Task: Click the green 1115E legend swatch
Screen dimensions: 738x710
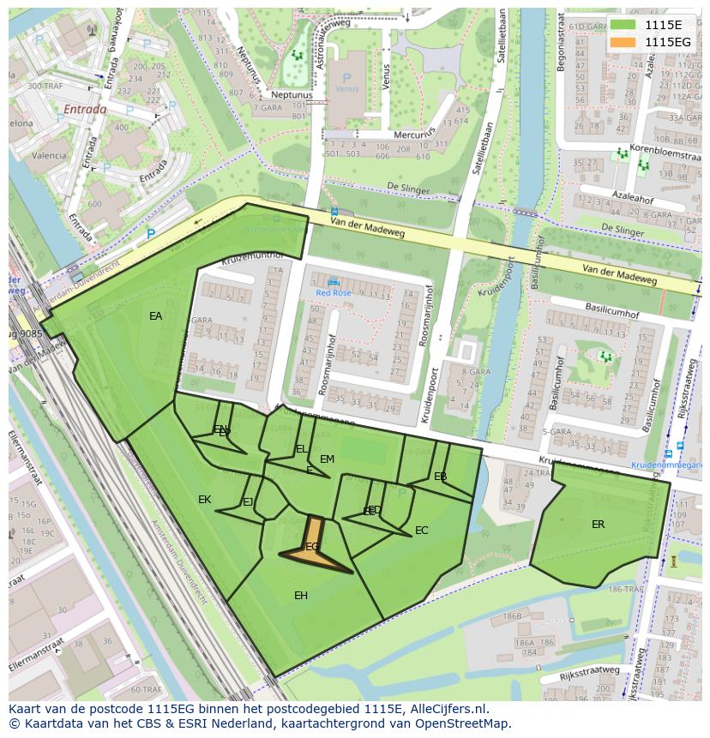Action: [x=623, y=24]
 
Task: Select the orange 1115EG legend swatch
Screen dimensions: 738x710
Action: [x=623, y=42]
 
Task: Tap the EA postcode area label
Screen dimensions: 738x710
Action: [x=155, y=316]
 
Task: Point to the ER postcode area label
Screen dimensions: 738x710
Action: [x=598, y=524]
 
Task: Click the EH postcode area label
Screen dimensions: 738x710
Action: [x=301, y=596]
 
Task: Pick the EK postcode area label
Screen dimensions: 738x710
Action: [x=204, y=500]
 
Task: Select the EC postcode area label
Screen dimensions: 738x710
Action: [x=421, y=531]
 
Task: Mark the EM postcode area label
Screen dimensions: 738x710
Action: [x=327, y=459]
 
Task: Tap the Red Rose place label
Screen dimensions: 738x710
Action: [x=334, y=292]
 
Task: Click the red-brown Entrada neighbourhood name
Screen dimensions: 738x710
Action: [x=85, y=110]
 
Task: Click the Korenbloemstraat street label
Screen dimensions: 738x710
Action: [x=665, y=149]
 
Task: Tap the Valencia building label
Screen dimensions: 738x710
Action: [x=49, y=156]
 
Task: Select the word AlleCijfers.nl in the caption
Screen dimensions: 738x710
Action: [x=447, y=709]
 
